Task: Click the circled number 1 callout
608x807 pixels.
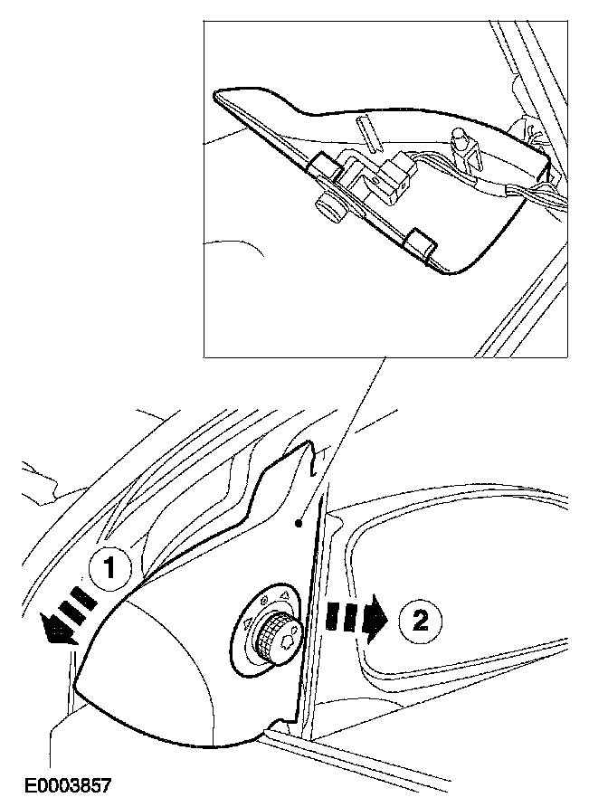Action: (x=109, y=569)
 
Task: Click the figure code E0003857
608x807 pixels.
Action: (x=68, y=786)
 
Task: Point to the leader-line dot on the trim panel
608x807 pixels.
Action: (x=298, y=524)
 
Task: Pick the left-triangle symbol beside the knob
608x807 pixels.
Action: (x=247, y=623)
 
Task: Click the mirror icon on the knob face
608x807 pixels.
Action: (x=288, y=640)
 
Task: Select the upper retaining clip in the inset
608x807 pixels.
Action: (x=326, y=166)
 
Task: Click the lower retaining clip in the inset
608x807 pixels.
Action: (x=419, y=244)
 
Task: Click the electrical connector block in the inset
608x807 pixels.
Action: (x=396, y=177)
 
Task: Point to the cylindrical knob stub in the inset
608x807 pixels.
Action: (x=329, y=207)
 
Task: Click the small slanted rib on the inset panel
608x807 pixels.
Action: (x=370, y=133)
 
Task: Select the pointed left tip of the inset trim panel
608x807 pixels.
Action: (x=214, y=95)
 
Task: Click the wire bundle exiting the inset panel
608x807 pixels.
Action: (x=536, y=196)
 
